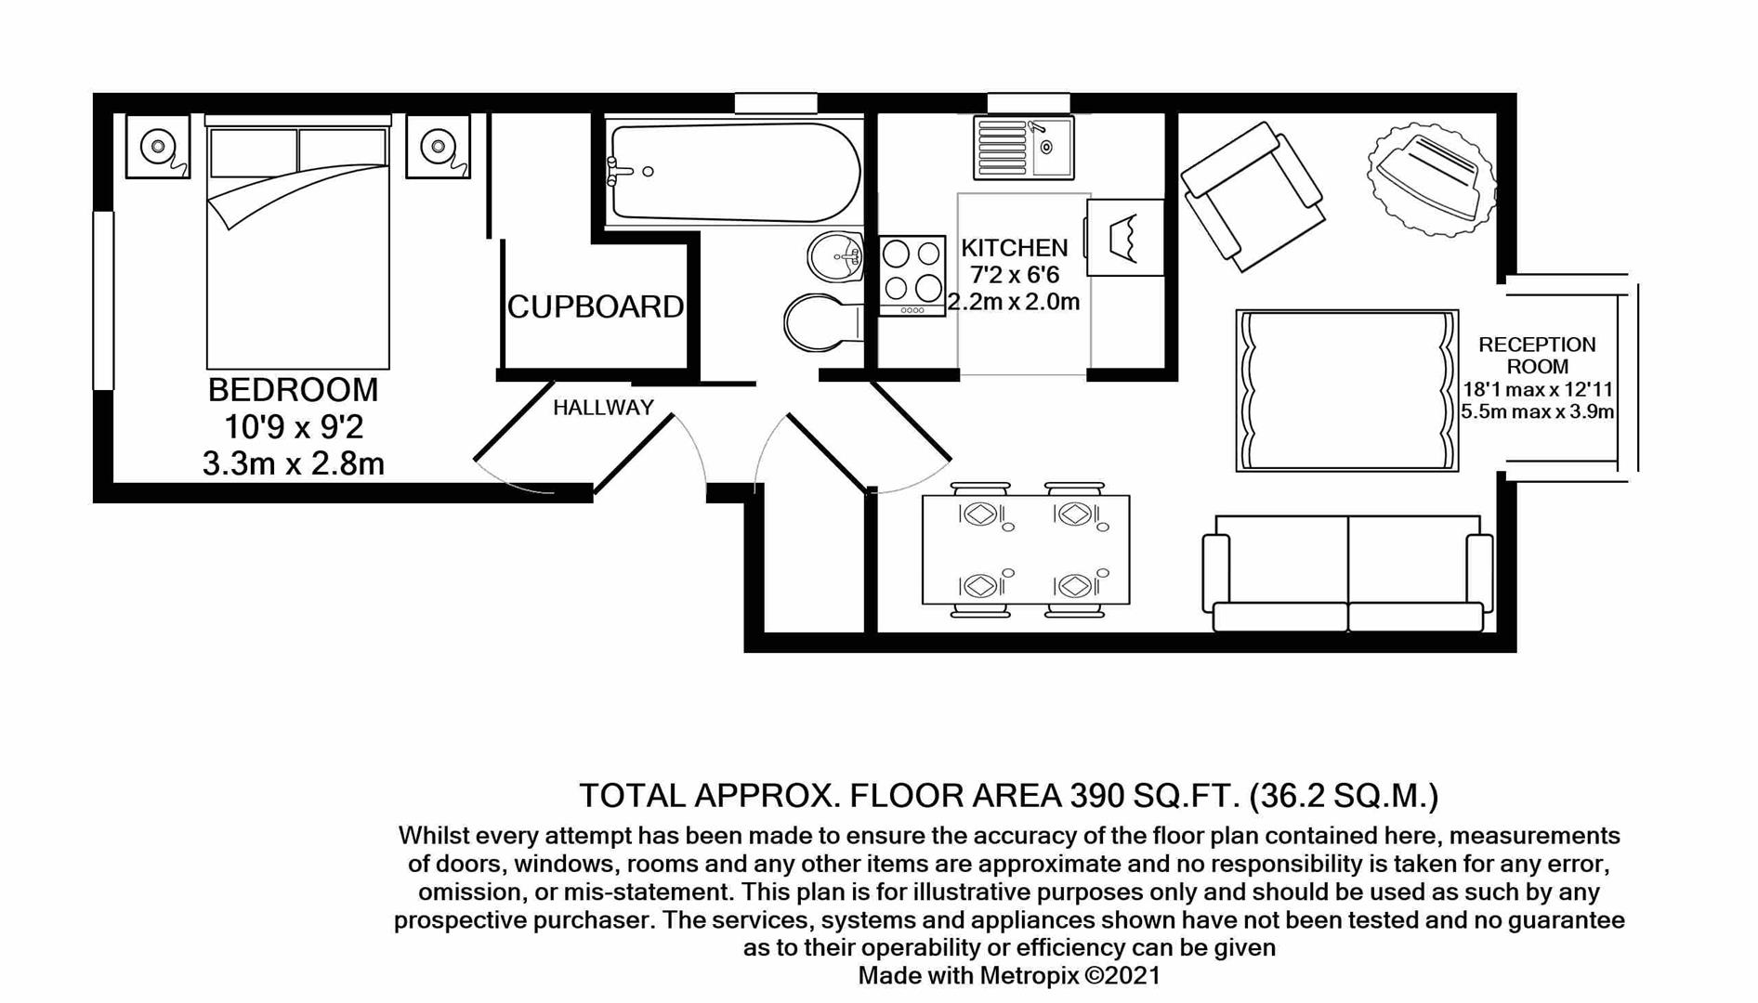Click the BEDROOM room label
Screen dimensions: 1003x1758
click(293, 390)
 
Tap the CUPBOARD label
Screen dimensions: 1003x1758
click(595, 306)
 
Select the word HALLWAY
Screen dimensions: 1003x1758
click(603, 407)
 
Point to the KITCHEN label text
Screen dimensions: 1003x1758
click(1014, 248)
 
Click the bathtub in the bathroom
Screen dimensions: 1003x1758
click(734, 173)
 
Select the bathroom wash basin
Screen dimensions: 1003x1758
click(836, 255)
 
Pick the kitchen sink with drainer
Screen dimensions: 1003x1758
click(1023, 147)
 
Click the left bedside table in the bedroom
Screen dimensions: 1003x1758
click(158, 146)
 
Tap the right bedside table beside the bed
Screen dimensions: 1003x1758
click(438, 146)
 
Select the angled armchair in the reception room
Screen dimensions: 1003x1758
click(1252, 196)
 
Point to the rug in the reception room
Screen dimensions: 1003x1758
click(1346, 391)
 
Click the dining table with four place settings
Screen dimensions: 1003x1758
click(1026, 550)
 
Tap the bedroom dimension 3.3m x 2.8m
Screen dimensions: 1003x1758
click(293, 463)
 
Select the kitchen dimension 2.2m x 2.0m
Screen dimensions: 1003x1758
click(1014, 302)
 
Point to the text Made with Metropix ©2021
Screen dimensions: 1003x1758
click(1008, 975)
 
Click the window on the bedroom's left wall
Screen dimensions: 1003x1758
click(103, 300)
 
